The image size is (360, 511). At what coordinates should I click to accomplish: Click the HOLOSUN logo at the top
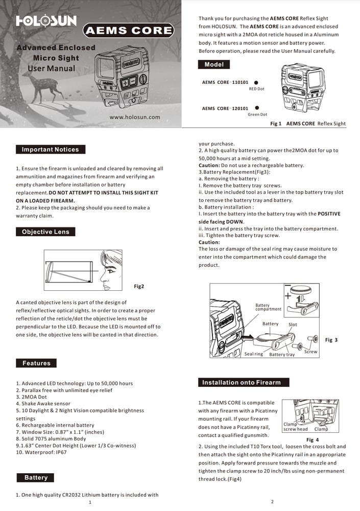click(x=46, y=21)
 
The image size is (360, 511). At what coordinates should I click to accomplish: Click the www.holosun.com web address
click(x=135, y=117)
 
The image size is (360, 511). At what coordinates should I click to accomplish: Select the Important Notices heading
click(x=50, y=150)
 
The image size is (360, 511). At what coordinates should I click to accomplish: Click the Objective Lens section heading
click(x=45, y=232)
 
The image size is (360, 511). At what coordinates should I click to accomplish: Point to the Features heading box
click(x=36, y=363)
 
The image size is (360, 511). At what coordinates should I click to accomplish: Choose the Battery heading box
click(x=36, y=478)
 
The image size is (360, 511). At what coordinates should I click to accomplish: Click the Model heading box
click(x=214, y=65)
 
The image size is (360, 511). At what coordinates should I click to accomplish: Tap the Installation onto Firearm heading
click(x=241, y=382)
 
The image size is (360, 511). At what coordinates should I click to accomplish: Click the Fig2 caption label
click(x=139, y=287)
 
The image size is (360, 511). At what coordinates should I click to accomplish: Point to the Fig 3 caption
click(x=331, y=340)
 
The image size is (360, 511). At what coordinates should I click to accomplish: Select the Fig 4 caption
click(x=313, y=439)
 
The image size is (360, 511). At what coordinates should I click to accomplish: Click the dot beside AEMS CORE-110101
click(x=256, y=82)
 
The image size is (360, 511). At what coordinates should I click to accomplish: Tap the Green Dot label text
click(x=257, y=114)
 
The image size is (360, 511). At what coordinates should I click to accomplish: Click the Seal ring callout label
click(x=253, y=354)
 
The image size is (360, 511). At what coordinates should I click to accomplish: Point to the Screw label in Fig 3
click(x=310, y=352)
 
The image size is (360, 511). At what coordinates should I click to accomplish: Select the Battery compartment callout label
click(x=268, y=308)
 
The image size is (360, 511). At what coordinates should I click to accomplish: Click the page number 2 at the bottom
click(x=272, y=502)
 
